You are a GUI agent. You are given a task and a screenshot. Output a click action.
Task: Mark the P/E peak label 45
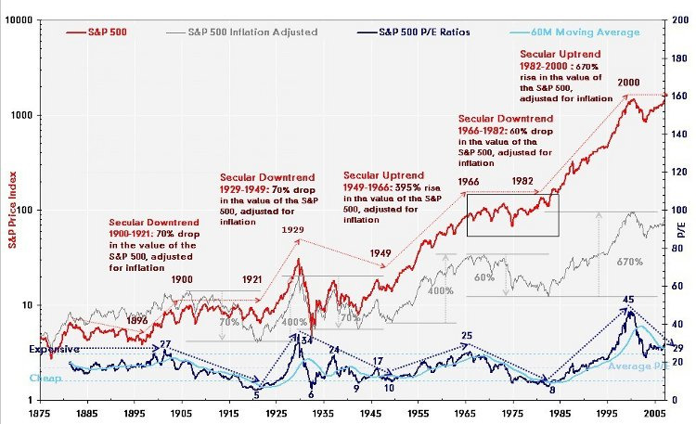pos(628,299)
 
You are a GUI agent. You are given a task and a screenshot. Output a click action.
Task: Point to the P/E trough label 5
pos(255,394)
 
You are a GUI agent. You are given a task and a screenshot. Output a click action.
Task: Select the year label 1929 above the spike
pos(294,227)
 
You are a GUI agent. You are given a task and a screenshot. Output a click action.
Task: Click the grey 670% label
pos(629,263)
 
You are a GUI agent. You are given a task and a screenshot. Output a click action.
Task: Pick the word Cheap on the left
pos(19,379)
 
